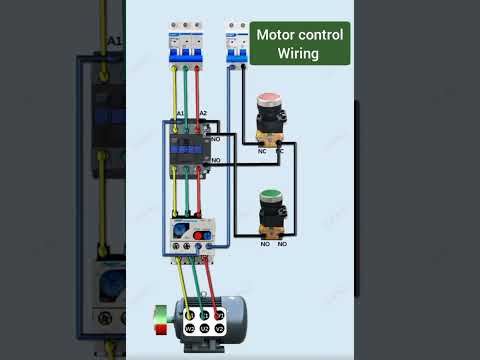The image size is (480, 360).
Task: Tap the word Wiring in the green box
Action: pos(300,53)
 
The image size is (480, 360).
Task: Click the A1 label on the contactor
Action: pos(180,113)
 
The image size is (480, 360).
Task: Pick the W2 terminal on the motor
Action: pos(188,327)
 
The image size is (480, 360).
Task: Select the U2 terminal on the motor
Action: pos(203,327)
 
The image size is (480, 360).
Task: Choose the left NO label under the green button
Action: pos(266,243)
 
